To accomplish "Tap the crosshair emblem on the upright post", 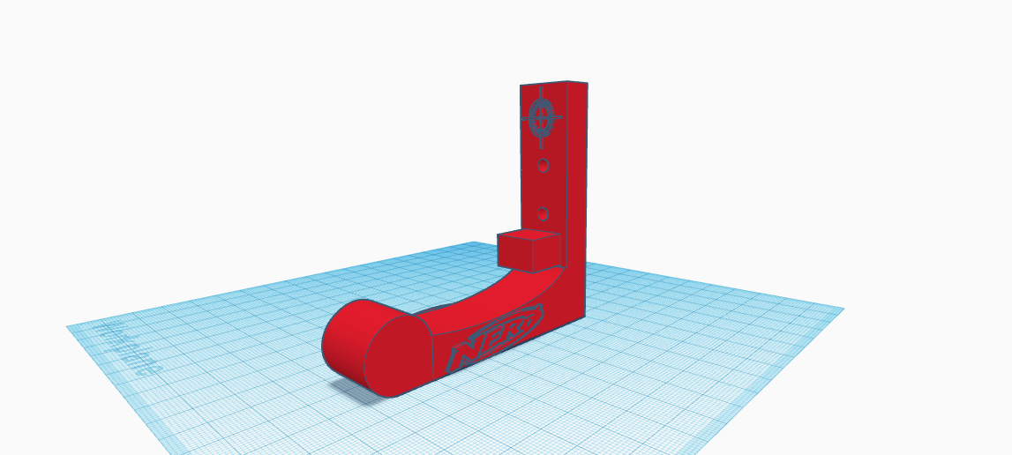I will [x=542, y=116].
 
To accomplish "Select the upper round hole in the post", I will [x=543, y=165].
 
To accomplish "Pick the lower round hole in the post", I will [x=543, y=213].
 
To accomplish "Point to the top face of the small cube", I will [x=528, y=235].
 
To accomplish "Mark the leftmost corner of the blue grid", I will [x=68, y=327].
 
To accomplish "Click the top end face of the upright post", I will [x=554, y=84].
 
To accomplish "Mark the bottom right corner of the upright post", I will [x=585, y=315].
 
